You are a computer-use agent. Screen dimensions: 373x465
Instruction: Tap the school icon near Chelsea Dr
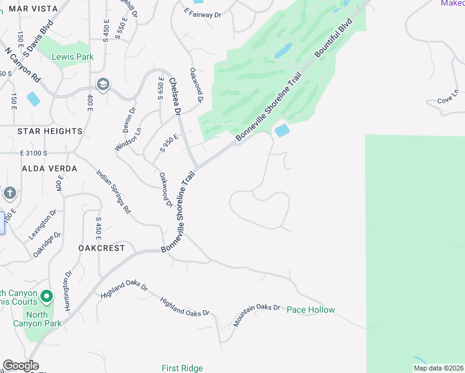103,85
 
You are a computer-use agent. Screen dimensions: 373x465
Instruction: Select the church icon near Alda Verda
9,193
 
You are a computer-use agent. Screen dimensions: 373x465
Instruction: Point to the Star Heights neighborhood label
50,131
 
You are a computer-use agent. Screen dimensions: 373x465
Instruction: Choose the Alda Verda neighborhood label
49,168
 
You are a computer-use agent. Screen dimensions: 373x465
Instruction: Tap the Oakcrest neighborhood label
101,248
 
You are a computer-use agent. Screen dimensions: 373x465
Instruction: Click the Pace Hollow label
311,310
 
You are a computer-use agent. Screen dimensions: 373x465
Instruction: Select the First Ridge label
182,368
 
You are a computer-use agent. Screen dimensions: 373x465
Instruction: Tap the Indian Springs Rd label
113,191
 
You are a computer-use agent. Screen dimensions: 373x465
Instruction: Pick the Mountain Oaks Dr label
257,316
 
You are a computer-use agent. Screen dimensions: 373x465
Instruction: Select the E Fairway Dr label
203,13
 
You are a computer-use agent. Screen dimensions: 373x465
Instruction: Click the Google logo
20,366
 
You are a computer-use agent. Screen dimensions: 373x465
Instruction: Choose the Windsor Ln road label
128,139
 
